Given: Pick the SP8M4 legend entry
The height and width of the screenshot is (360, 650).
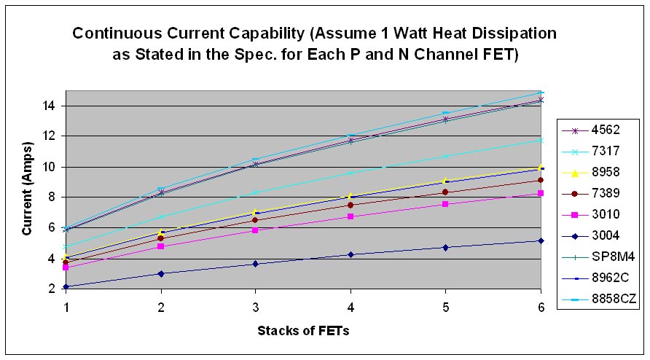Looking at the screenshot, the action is coord(598,257).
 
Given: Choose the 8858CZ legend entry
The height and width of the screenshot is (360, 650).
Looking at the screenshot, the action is coord(599,299).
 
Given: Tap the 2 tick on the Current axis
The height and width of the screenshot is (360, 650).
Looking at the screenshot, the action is coord(52,289).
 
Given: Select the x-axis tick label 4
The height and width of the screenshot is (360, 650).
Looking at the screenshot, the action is coord(351,308).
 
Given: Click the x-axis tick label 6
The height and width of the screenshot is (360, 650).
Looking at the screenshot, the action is coord(541,308).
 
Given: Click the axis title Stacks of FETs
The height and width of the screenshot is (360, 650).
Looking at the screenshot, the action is coord(303,331).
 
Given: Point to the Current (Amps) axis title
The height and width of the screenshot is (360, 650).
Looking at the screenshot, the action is coord(28,189).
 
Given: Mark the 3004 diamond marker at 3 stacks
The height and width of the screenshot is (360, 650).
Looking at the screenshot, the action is coord(255,264).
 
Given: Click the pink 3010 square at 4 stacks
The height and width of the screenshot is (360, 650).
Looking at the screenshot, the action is coord(351,216).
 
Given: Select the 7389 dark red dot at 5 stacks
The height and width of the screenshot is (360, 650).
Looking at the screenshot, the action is coord(446,192).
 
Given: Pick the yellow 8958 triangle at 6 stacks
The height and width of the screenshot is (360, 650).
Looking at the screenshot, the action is coord(541,167).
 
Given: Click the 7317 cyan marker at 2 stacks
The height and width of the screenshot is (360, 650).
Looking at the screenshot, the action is coord(161,216).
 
